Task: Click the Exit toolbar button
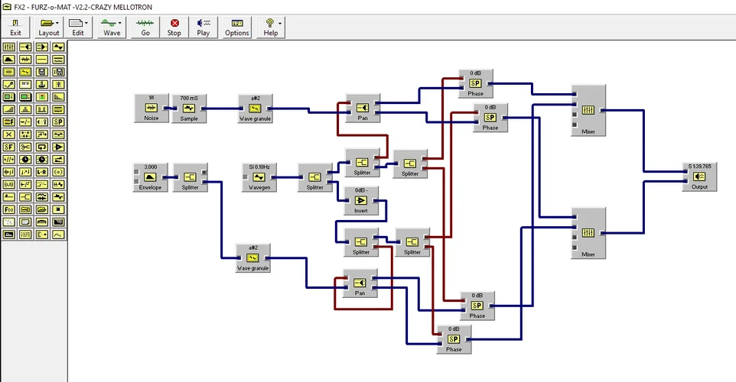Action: coord(15,28)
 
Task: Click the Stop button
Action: coord(174,28)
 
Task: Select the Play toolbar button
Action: coord(203,28)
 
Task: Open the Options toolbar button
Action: coord(236,28)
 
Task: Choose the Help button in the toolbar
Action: coord(270,28)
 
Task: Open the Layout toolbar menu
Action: coord(49,28)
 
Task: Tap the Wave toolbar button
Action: coord(112,28)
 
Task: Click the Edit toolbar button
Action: coord(78,28)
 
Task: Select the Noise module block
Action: coord(151,108)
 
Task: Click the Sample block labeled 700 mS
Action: coord(188,108)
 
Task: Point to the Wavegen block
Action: coord(259,176)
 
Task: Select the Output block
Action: coord(700,176)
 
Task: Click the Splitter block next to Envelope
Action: coord(189,176)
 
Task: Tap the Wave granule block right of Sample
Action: coord(255,108)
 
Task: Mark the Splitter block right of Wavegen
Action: coord(312,176)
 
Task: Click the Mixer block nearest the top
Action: coord(588,111)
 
